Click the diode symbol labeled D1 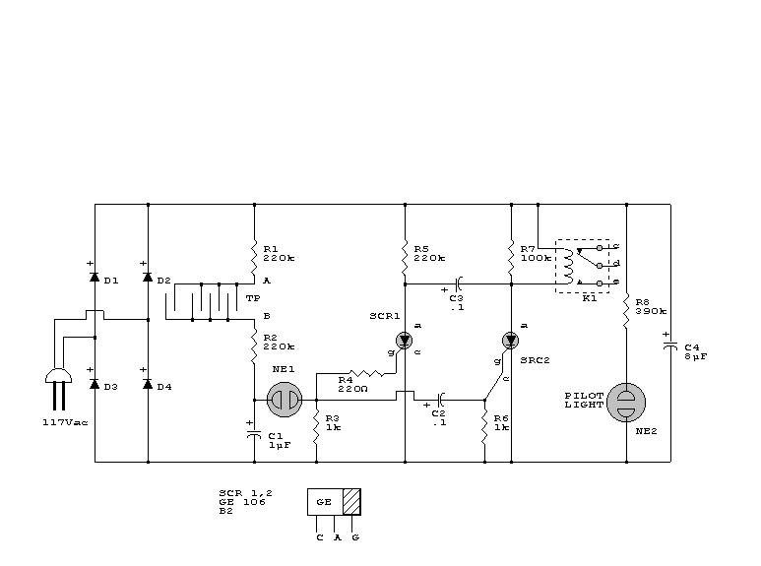click(95, 279)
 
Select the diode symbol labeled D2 click(148, 279)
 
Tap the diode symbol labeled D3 click(95, 384)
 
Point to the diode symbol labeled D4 click(148, 384)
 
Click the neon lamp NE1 click(286, 401)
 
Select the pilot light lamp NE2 click(626, 402)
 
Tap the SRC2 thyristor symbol click(510, 341)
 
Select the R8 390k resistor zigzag click(626, 309)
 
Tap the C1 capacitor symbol click(254, 432)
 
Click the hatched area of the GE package click(351, 501)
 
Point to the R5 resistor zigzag click(405, 258)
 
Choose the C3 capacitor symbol click(459, 284)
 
